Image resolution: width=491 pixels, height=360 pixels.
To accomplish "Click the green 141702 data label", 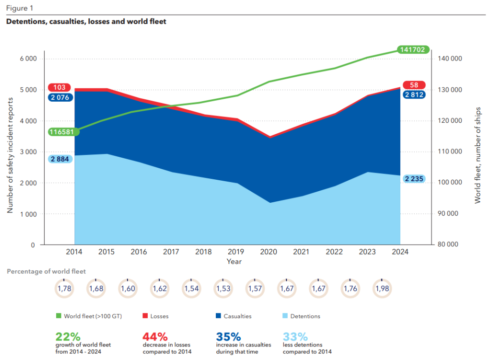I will tap(413, 49).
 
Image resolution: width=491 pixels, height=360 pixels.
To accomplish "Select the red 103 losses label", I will tap(59, 88).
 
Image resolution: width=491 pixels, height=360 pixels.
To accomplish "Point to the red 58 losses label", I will tap(412, 85).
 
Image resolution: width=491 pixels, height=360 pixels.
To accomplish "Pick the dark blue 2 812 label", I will tap(413, 94).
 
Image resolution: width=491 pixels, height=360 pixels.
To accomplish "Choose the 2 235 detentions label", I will tap(413, 179).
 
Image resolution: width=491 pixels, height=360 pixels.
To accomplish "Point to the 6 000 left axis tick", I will tap(28, 59).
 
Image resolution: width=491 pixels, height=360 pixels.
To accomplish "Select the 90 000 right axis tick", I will tap(448, 214).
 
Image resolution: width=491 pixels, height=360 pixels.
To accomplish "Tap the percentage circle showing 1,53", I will tap(223, 288).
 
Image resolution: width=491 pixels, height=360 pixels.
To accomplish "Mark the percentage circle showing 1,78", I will tap(64, 288).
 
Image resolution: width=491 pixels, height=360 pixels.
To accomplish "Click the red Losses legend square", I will tap(145, 316).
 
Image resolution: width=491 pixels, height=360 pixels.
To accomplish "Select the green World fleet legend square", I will tap(58, 316).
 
